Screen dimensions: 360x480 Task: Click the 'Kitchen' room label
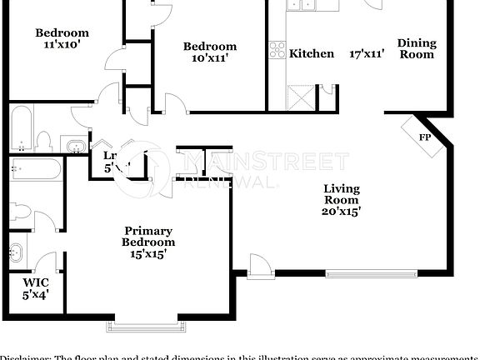(311, 54)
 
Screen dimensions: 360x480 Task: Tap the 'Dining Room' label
(417, 48)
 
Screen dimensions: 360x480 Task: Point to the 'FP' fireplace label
(424, 137)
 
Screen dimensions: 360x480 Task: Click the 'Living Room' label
(342, 193)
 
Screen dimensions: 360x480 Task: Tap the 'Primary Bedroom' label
(148, 236)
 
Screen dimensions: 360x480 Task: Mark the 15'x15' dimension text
(148, 254)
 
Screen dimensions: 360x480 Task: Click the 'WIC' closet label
(35, 282)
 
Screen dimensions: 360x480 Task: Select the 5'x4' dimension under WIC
(35, 294)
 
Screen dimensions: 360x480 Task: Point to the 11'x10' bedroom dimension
(62, 46)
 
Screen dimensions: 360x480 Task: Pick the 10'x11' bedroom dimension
(209, 59)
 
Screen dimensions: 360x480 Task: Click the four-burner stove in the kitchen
(276, 51)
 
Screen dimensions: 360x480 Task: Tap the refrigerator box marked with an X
(298, 97)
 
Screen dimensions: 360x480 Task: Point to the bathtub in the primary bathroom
(37, 170)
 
